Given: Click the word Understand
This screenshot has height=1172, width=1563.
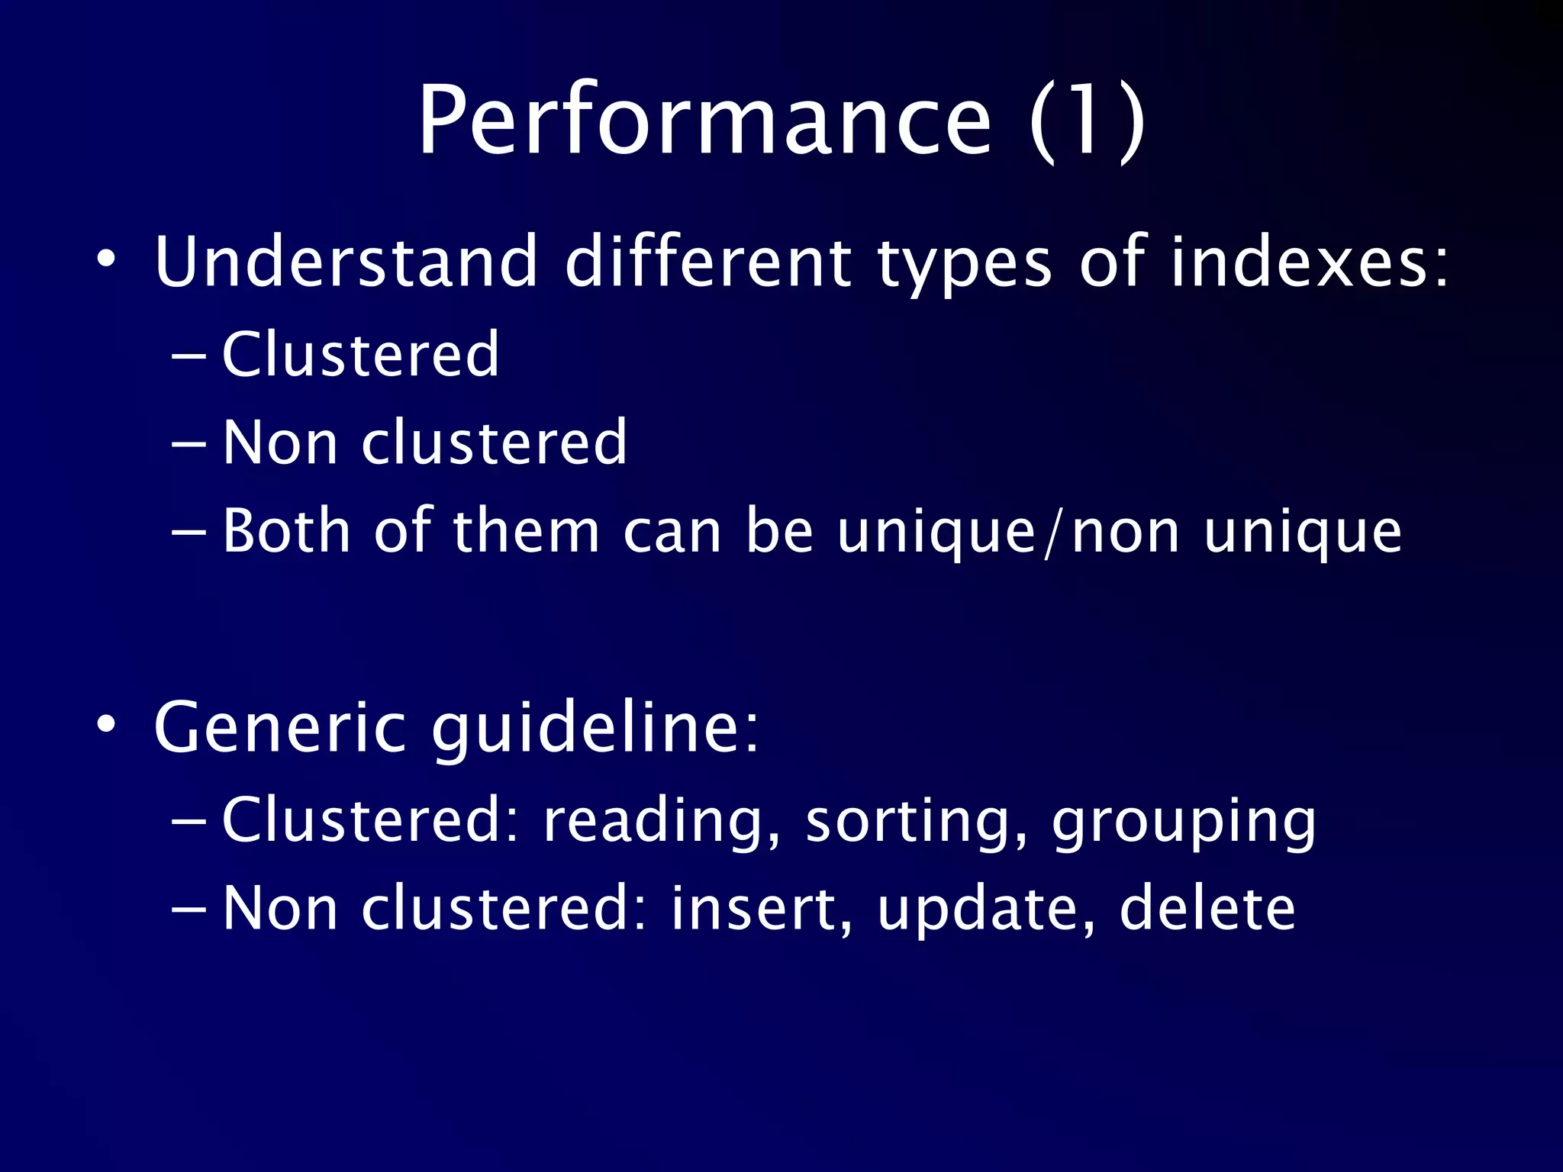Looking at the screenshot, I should (x=346, y=262).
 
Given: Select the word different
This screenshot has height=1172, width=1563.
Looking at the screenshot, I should (x=707, y=262).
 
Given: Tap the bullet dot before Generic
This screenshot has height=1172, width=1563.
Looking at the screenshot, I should (x=107, y=723).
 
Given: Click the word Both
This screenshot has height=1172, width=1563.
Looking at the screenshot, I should (x=286, y=530).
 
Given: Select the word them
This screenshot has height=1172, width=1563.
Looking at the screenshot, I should (x=527, y=530).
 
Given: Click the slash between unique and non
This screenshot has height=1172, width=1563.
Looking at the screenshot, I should (x=1053, y=531).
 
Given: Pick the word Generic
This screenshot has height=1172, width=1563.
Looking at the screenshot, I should (x=279, y=727).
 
